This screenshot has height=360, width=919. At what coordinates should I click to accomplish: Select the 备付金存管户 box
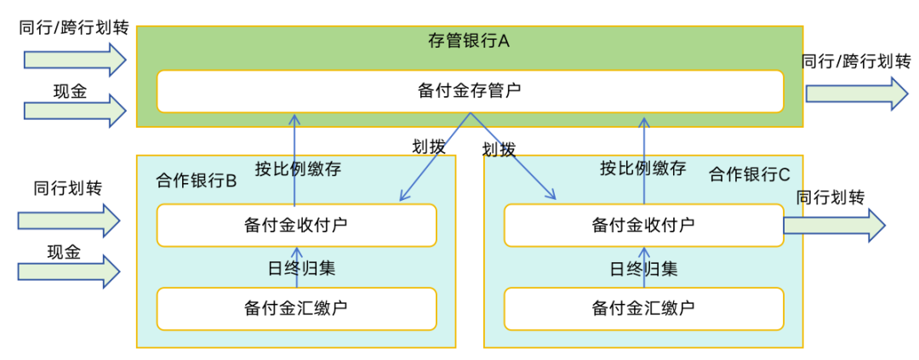tap(469, 91)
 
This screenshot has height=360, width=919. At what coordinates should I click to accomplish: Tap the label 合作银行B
tap(196, 181)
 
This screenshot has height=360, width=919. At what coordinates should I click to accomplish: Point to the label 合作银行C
tap(750, 174)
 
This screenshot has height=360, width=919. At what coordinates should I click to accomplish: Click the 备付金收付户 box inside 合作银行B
tap(296, 225)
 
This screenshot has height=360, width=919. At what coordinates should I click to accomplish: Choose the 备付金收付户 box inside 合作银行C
tap(642, 225)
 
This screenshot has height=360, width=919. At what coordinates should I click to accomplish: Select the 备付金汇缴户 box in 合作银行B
tap(296, 308)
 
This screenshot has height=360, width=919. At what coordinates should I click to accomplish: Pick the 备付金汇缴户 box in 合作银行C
tap(642, 308)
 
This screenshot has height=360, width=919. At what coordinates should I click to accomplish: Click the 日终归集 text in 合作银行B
tap(296, 268)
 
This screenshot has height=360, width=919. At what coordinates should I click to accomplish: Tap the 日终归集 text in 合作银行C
tap(643, 269)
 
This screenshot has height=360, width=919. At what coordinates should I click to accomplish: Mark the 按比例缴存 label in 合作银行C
tap(642, 168)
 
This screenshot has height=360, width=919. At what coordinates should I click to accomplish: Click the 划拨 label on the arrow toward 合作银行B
tap(429, 146)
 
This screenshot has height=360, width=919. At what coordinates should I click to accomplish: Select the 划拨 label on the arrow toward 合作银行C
tap(499, 151)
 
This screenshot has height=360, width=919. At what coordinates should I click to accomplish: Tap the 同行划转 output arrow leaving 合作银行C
tap(834, 226)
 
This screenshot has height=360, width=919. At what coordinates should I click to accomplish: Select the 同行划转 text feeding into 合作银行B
tap(67, 188)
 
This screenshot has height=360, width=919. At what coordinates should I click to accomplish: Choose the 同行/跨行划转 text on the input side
tap(74, 28)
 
